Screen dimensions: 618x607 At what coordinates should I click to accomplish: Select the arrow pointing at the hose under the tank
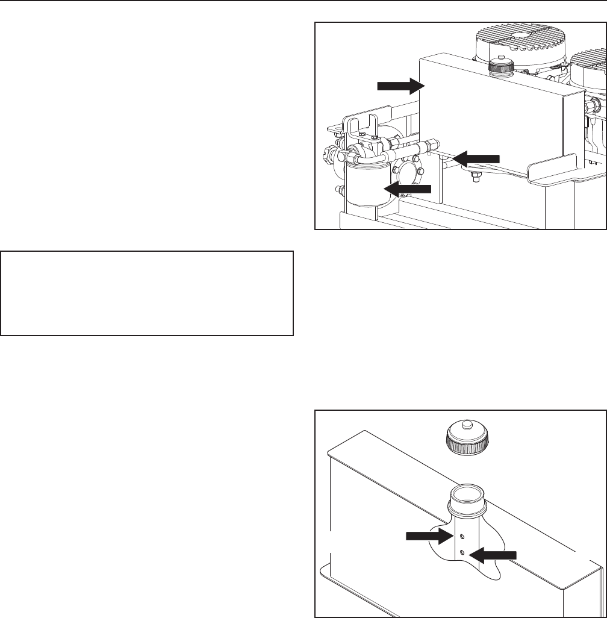click(476, 158)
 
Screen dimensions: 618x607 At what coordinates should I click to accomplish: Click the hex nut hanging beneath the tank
click(474, 178)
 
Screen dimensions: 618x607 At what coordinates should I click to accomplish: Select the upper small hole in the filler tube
click(461, 536)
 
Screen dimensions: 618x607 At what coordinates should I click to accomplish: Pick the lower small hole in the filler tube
click(462, 552)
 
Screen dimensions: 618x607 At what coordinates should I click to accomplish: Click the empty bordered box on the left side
click(147, 293)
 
